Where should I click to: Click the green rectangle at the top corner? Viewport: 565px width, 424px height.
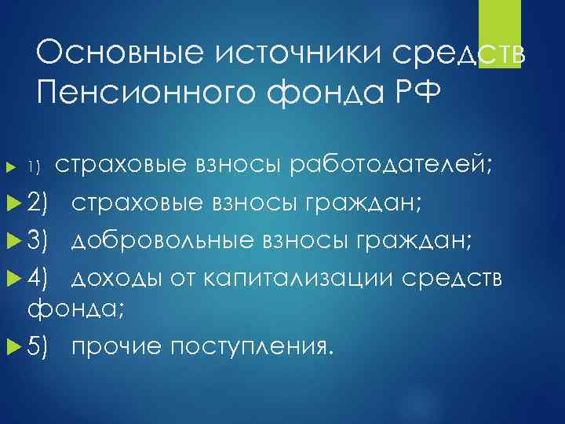[x=500, y=35]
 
